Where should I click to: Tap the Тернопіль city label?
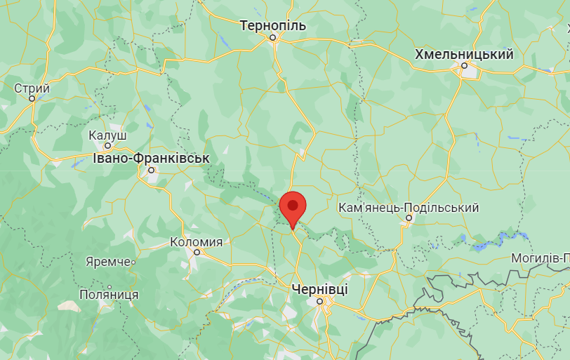273,26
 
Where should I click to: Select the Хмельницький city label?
464,54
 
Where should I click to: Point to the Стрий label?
32,88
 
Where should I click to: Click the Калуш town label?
107,135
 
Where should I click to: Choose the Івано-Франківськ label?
151,158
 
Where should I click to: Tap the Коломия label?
197,242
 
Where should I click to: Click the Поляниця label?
108,295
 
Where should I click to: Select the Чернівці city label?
319,289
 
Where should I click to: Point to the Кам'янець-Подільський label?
408,208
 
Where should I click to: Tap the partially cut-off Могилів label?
540,258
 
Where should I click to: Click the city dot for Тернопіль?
274,38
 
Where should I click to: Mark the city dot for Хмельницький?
464,67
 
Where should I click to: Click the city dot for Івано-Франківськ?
151,170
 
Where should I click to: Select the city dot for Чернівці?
319,301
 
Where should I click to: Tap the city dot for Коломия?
197,253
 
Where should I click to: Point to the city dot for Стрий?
32,99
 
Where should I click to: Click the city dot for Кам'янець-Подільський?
408,219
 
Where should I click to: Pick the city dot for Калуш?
108,146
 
